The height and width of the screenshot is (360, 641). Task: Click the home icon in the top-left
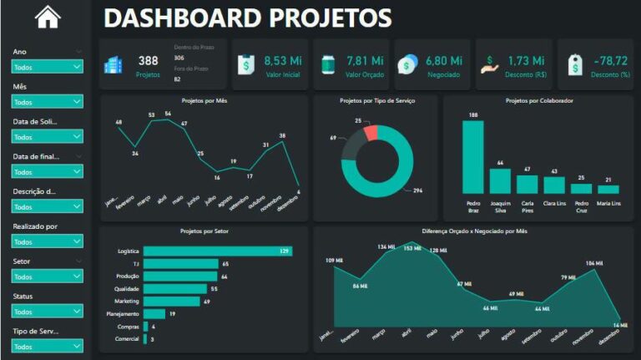coord(48,17)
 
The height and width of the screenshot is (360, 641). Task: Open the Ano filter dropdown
coord(48,67)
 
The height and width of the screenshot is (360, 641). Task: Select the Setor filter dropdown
coord(48,276)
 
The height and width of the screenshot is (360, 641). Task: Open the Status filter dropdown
coord(48,311)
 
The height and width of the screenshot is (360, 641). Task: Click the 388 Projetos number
coord(148,60)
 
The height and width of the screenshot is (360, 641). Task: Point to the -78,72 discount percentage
coord(608,60)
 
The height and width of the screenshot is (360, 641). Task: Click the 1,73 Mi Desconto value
coord(526,60)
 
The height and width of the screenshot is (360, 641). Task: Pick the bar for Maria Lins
coord(608,190)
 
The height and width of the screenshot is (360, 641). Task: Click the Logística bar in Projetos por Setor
coord(217,251)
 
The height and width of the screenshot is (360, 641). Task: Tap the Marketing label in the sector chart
coord(127,301)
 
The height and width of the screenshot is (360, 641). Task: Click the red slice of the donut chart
coord(371,132)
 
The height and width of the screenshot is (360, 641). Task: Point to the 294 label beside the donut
coord(418,191)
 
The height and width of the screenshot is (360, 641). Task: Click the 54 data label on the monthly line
coord(168,114)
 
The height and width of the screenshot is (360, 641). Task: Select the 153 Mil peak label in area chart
coord(412,248)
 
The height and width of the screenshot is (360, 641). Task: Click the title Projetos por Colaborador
coord(539,101)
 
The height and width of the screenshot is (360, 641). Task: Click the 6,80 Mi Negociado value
coord(443,60)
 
